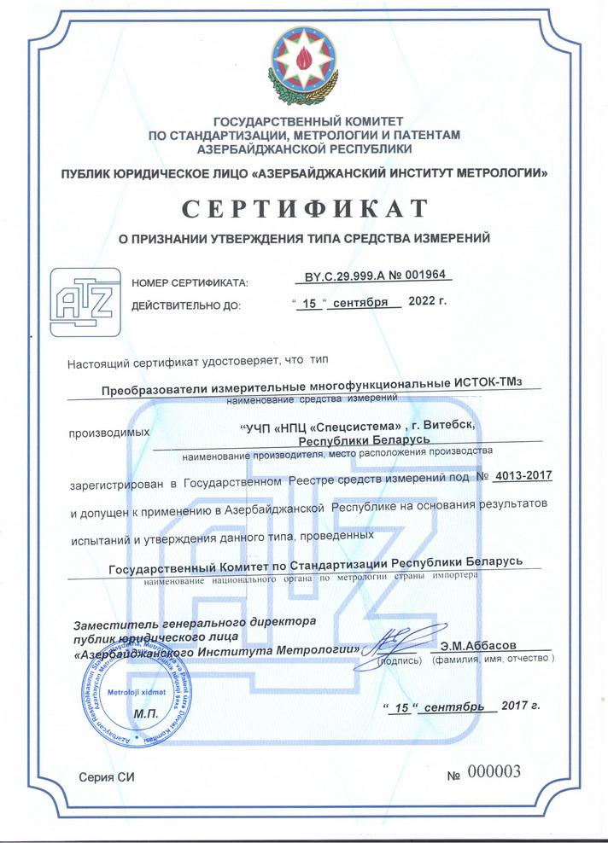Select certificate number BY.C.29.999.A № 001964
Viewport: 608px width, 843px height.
pyautogui.click(x=377, y=276)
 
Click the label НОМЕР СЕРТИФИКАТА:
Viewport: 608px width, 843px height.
pyautogui.click(x=189, y=282)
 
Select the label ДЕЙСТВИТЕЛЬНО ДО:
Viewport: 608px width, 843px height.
pyautogui.click(x=186, y=305)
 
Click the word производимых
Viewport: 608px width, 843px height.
pyautogui.click(x=108, y=432)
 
